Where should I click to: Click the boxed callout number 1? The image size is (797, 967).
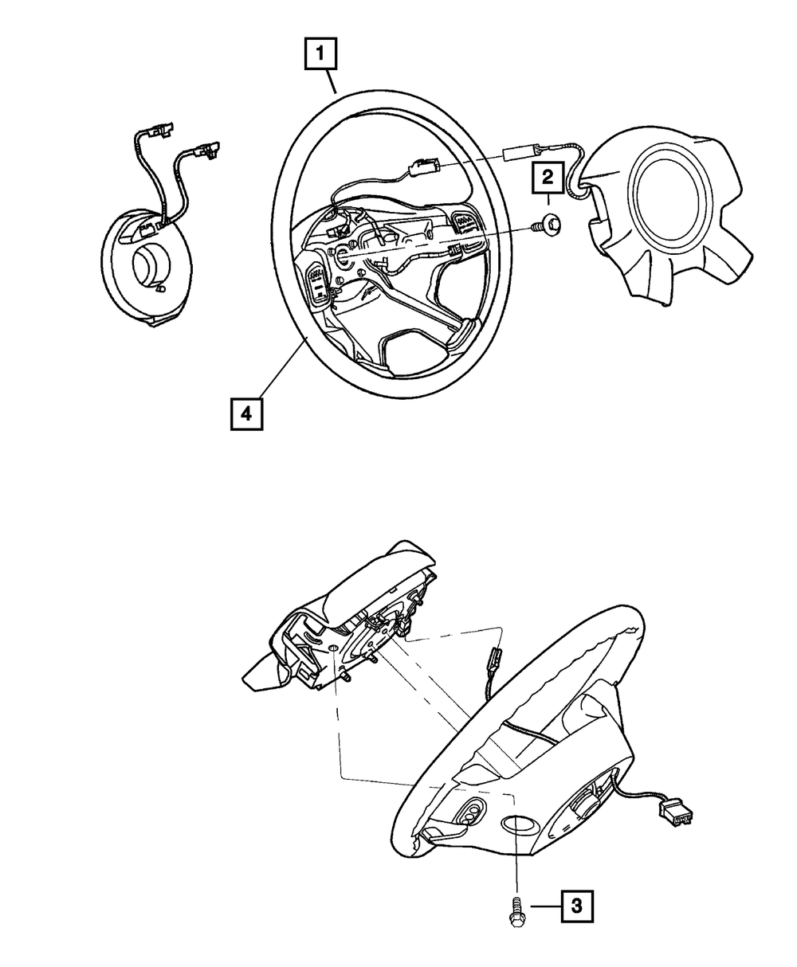(321, 56)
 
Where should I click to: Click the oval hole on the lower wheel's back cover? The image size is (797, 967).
(519, 824)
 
